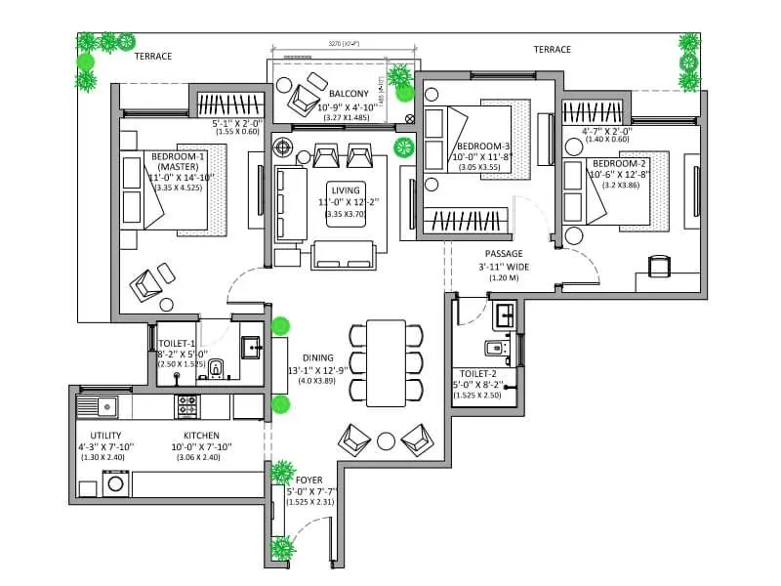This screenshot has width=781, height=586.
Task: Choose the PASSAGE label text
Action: [505, 253]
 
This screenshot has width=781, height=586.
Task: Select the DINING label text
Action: [319, 358]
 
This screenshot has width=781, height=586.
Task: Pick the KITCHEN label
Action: [201, 436]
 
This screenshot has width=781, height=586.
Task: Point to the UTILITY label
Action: [105, 436]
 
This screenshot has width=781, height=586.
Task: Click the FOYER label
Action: [308, 480]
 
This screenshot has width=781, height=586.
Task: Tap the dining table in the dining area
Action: [387, 362]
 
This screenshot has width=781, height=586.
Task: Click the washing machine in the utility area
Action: [115, 481]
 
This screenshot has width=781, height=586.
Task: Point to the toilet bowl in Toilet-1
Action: [220, 367]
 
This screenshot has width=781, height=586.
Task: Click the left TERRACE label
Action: [153, 57]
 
